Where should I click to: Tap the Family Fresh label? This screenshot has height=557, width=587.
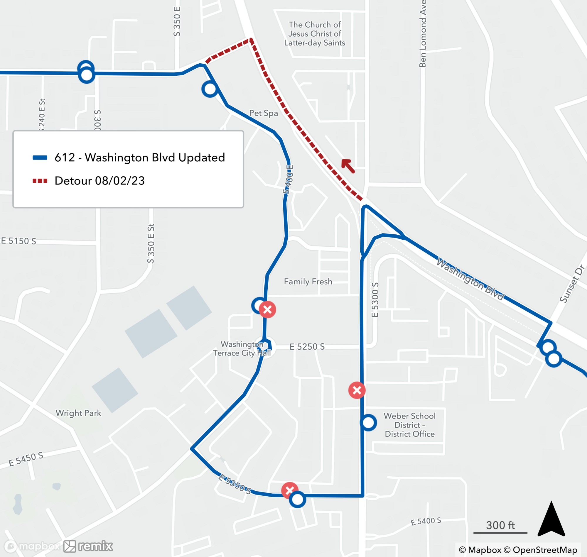[x=308, y=282]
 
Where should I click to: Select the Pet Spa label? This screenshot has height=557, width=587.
[x=264, y=113]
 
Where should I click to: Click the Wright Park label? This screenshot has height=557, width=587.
[x=78, y=413]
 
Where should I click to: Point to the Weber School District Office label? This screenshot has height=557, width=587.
[x=410, y=425]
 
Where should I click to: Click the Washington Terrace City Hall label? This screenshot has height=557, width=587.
[x=242, y=348]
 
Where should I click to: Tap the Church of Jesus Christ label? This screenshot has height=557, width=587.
[x=315, y=33]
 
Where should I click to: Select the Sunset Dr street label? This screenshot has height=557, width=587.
[x=572, y=284]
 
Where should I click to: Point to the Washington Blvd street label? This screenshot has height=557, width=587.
[x=470, y=280]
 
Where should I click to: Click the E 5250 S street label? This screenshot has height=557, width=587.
[x=307, y=346]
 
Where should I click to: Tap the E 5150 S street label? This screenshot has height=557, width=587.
[x=19, y=241]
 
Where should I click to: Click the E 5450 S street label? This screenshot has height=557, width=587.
[x=26, y=459]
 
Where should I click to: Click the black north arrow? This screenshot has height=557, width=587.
[x=551, y=519]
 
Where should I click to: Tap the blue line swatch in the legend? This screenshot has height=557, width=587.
[x=40, y=158]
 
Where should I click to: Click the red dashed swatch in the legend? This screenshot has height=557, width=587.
[x=40, y=181]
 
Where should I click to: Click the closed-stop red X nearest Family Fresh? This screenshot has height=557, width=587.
[x=267, y=310]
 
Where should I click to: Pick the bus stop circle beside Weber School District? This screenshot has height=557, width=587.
[x=368, y=422]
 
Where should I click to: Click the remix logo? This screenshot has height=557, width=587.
[x=89, y=546]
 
